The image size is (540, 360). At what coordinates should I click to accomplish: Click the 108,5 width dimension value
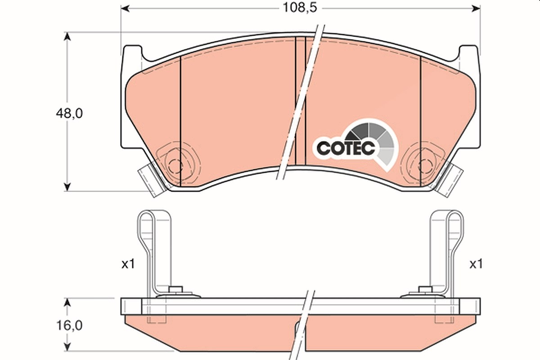(x=300, y=8)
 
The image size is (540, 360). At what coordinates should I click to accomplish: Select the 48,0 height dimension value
(x=69, y=113)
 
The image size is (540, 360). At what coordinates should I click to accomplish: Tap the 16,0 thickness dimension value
(x=69, y=325)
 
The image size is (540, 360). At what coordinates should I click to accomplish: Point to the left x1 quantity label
(x=128, y=265)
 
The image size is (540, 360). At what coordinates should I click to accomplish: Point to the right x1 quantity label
(x=476, y=264)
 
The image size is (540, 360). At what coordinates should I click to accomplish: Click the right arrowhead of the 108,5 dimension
(x=476, y=9)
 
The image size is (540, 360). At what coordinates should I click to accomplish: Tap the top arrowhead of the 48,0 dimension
(x=67, y=36)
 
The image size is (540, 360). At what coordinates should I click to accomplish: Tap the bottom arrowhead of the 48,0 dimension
(x=67, y=187)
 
